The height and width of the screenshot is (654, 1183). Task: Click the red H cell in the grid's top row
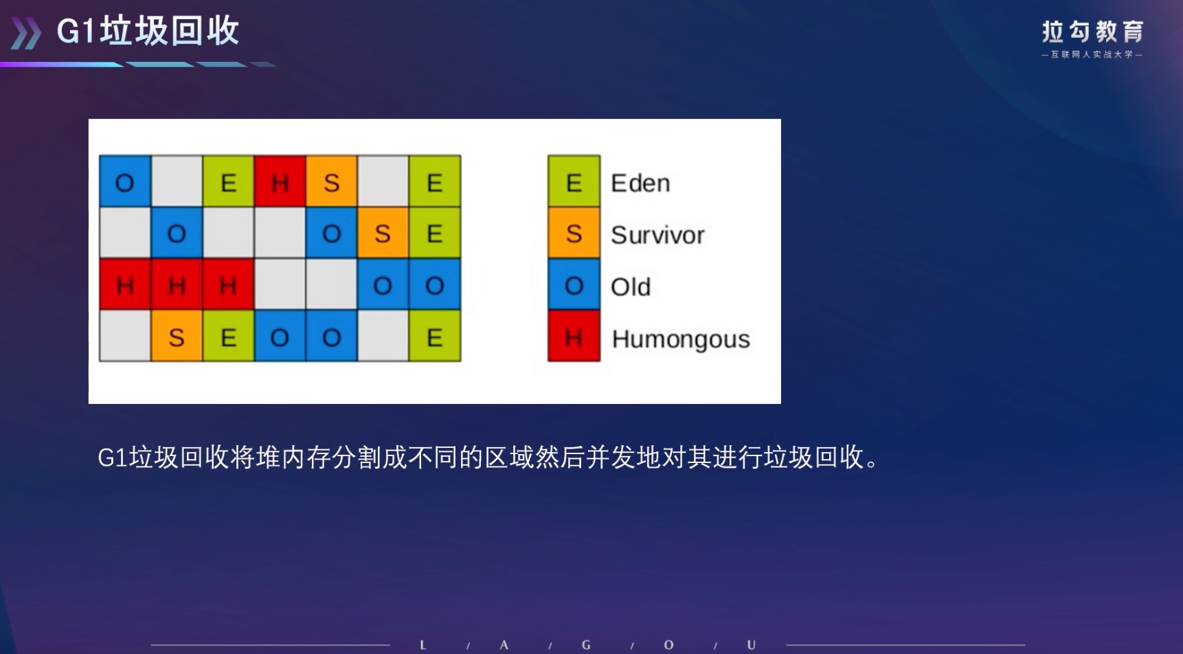pyautogui.click(x=280, y=181)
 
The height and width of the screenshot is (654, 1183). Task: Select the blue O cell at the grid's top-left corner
pyautogui.click(x=125, y=181)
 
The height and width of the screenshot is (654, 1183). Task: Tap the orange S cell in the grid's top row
pyautogui.click(x=331, y=181)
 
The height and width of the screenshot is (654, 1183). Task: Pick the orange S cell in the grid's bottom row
pyautogui.click(x=177, y=336)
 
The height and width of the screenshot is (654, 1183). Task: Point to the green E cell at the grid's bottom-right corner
pyautogui.click(x=434, y=336)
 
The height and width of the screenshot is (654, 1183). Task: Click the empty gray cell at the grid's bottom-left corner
pyautogui.click(x=125, y=336)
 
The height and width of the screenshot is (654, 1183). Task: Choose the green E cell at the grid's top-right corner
pyautogui.click(x=434, y=181)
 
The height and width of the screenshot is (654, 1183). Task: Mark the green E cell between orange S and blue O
pyautogui.click(x=228, y=336)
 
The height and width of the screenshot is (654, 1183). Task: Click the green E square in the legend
pyautogui.click(x=574, y=181)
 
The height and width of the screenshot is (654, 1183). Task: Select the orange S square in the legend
pyautogui.click(x=574, y=233)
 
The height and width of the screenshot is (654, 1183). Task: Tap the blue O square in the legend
pyautogui.click(x=574, y=284)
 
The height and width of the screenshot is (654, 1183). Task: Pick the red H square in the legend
pyautogui.click(x=574, y=336)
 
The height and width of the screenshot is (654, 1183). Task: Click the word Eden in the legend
pyautogui.click(x=640, y=183)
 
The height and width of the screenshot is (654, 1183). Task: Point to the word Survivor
pyautogui.click(x=657, y=235)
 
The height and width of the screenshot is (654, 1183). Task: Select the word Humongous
pyautogui.click(x=681, y=339)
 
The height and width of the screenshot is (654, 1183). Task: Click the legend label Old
pyautogui.click(x=631, y=286)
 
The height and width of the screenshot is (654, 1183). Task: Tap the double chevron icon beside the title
pyautogui.click(x=26, y=34)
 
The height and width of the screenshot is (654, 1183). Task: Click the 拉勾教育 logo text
pyautogui.click(x=1092, y=32)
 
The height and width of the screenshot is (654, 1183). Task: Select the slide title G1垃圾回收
pyautogui.click(x=148, y=31)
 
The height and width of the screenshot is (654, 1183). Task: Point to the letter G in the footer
pyautogui.click(x=586, y=645)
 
